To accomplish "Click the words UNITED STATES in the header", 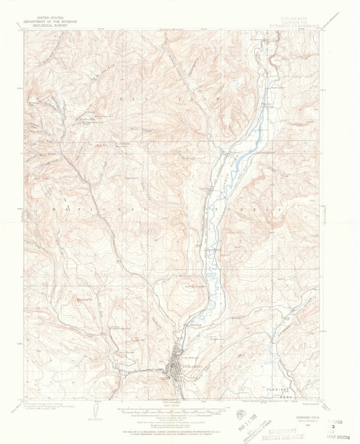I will tap(47, 18).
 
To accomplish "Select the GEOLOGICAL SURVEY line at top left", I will tap(47, 25).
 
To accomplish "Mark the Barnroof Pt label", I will tap(83, 300).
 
